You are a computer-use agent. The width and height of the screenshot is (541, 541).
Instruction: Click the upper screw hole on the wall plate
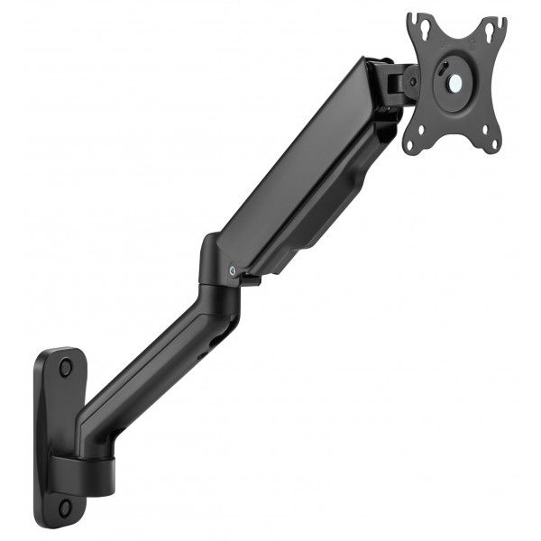(65, 368)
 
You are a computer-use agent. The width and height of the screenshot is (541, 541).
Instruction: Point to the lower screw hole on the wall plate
(64, 508)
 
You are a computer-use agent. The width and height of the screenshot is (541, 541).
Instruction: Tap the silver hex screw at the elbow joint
(234, 269)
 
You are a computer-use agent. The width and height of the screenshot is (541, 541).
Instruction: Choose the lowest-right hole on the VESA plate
(492, 142)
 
